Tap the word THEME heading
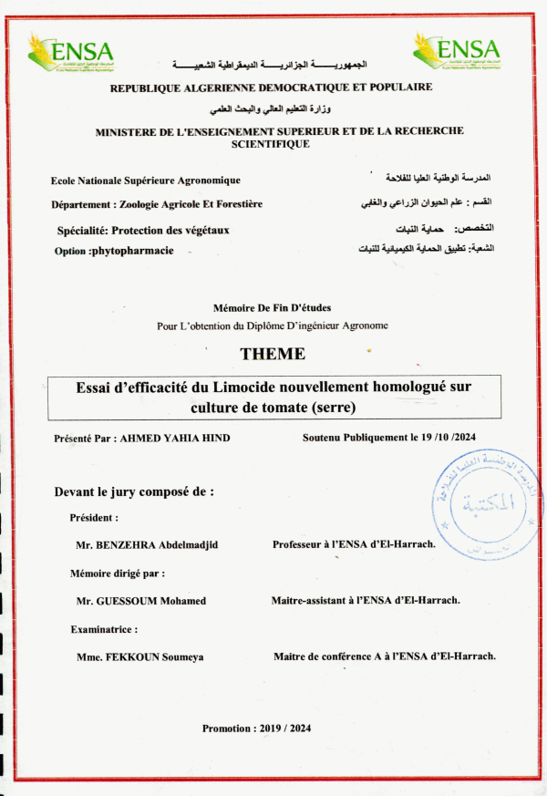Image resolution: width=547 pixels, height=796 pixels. [x=273, y=354]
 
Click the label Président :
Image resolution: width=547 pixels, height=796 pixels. [x=94, y=518]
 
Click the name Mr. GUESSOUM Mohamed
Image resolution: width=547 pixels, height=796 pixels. [x=141, y=601]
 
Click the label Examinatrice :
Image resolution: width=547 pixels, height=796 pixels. [x=104, y=629]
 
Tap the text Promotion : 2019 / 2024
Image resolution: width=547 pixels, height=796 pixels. [x=257, y=729]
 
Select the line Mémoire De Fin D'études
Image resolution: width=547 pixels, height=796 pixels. [x=273, y=309]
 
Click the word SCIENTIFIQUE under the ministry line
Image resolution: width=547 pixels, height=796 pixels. [x=271, y=144]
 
